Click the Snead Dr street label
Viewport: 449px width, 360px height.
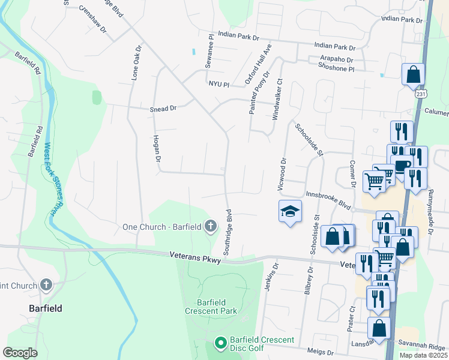click(x=163, y=109)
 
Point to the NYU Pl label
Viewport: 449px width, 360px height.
click(x=219, y=85)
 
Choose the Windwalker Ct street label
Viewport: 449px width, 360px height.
click(x=277, y=99)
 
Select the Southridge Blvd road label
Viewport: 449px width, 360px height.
click(x=229, y=232)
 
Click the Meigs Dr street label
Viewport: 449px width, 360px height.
click(x=320, y=353)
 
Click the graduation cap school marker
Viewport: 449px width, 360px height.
click(x=290, y=211)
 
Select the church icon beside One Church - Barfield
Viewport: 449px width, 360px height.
click(x=210, y=226)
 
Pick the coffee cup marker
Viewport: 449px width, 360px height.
click(x=401, y=165)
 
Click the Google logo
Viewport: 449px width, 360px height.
click(x=20, y=353)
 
